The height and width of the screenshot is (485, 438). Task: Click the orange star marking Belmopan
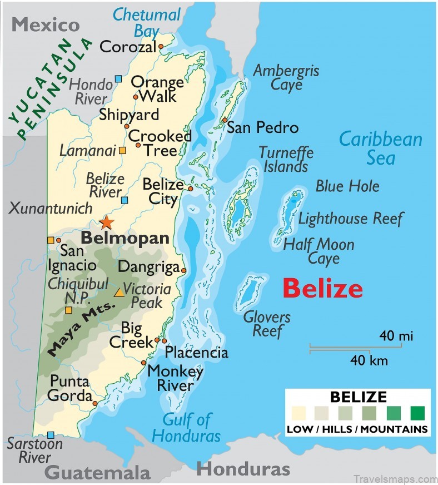pos(106,222)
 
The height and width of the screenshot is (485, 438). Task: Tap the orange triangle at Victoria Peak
pos(119,291)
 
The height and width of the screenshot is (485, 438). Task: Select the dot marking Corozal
pos(161,47)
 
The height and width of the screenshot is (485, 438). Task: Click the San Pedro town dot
pos(224,120)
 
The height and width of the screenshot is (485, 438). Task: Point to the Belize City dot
pos(190,189)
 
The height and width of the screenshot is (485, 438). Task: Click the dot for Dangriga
pos(183,271)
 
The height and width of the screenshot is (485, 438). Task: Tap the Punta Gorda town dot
pos(95,403)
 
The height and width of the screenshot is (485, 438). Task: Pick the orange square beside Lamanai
pos(122,150)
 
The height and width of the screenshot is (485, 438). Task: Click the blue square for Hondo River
pos(118,79)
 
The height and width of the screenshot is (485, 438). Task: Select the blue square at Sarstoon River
pos(51,435)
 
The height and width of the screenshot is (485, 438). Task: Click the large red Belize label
pos(322,289)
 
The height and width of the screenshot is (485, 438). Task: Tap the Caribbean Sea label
pos(381,148)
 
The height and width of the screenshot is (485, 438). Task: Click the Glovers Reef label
pos(267,324)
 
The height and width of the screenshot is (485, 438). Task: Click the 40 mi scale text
pos(396,336)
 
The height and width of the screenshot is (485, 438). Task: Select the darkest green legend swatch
pos(417,413)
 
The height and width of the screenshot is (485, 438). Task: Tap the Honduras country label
pos(243,468)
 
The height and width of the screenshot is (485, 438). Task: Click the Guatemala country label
pos(97,472)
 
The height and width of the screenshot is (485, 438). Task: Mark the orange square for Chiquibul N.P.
pos(68,310)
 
